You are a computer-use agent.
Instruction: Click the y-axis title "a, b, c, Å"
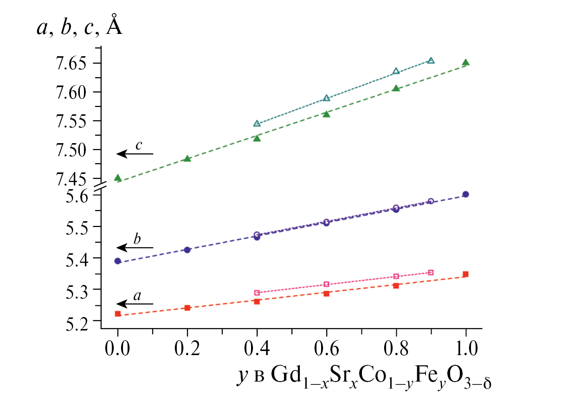point(80,29)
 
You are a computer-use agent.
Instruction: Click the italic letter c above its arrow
point(138,145)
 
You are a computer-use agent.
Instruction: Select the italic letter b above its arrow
point(137,239)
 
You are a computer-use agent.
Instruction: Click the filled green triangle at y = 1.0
point(465,63)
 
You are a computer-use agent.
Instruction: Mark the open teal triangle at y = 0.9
point(431,60)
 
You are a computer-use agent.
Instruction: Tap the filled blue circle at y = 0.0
point(118,261)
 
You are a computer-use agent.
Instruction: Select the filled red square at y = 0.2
point(187,308)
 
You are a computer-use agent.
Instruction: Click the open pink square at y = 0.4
point(257,293)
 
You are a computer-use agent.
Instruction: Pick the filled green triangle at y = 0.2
point(187,159)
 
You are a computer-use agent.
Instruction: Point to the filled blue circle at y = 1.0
point(465,194)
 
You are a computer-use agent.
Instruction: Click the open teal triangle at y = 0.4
point(257,124)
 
